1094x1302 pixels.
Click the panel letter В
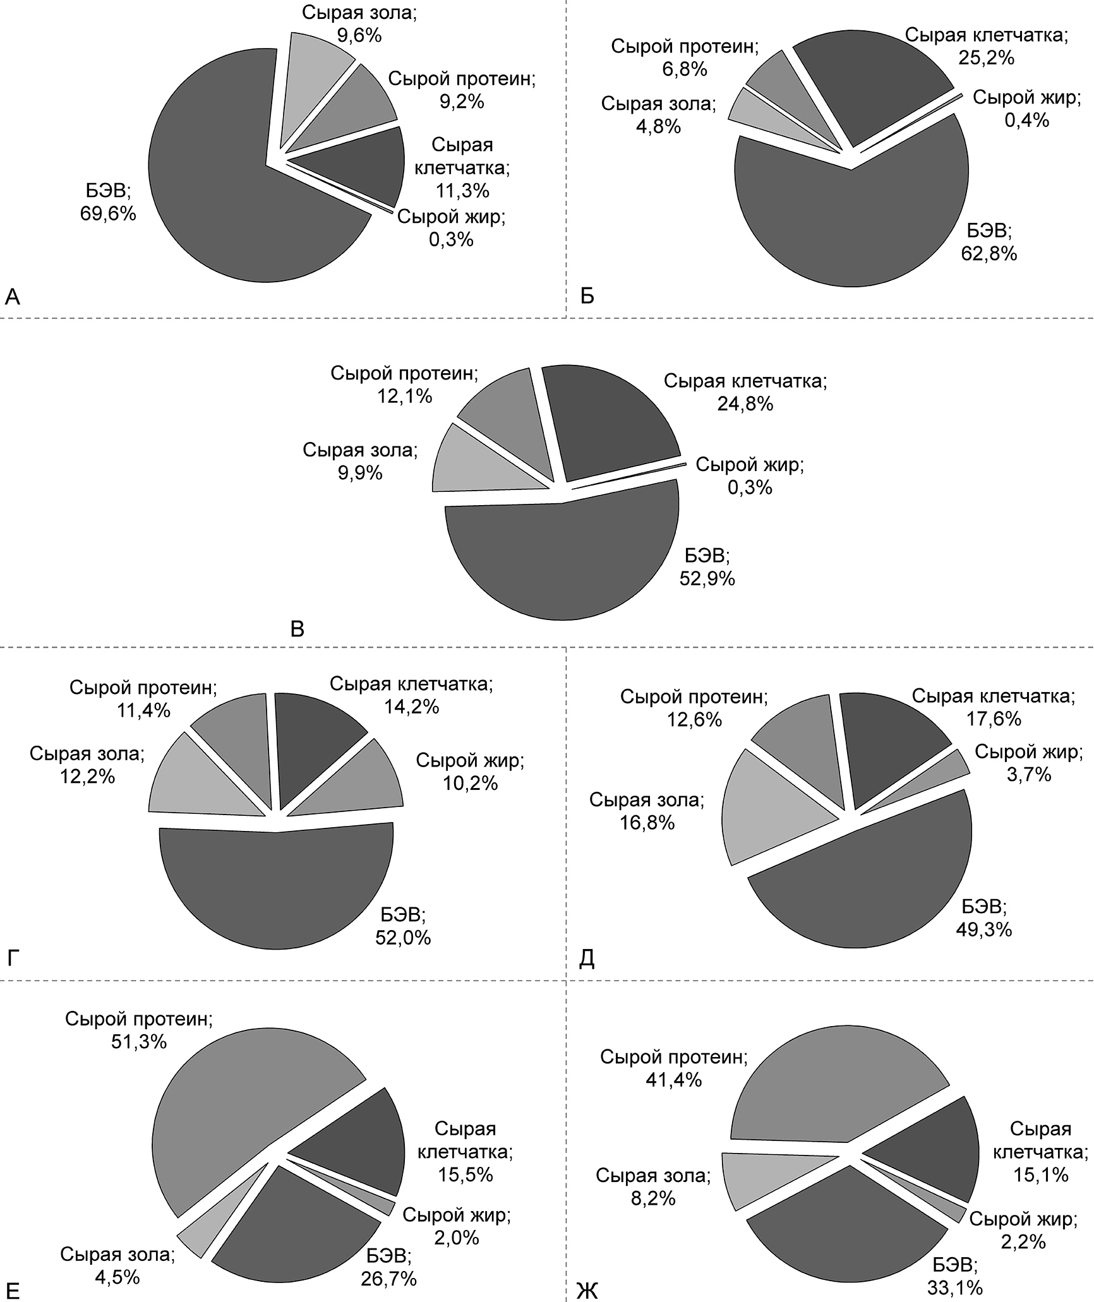click(296, 630)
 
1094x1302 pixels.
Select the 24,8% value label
click(745, 403)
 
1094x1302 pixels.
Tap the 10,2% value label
click(470, 783)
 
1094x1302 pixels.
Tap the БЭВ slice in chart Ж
click(846, 1238)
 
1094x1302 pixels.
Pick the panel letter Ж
click(587, 1289)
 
